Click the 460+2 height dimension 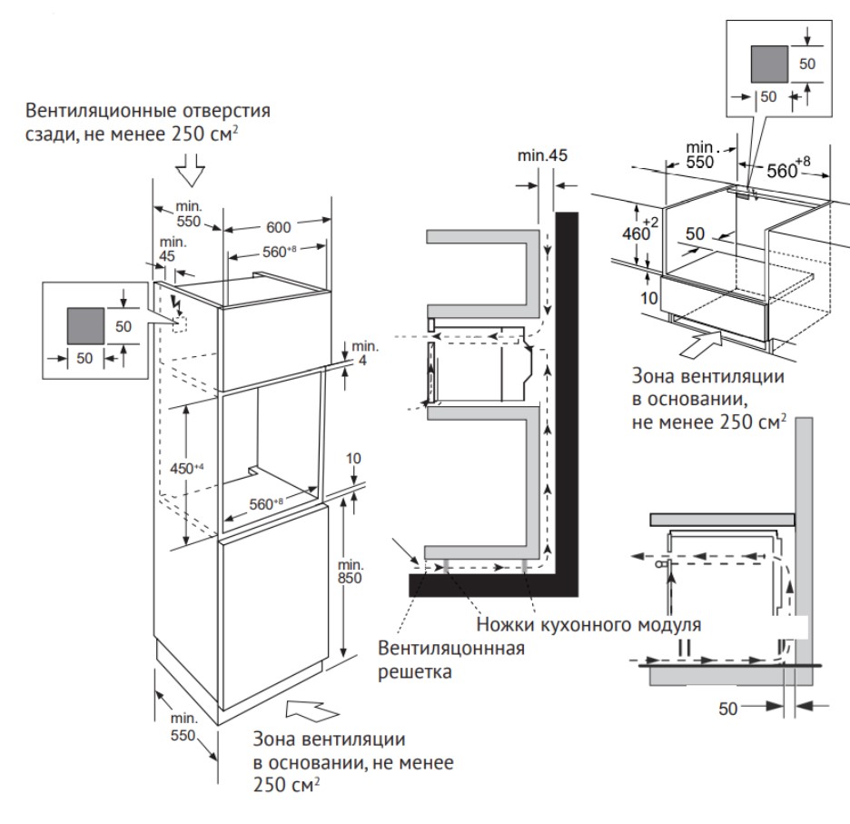tap(640, 228)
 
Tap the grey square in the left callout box tap(85, 324)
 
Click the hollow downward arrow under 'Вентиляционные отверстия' tap(192, 170)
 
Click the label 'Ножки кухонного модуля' tap(588, 626)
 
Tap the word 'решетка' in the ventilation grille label tap(415, 673)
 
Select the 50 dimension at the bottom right tap(728, 710)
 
